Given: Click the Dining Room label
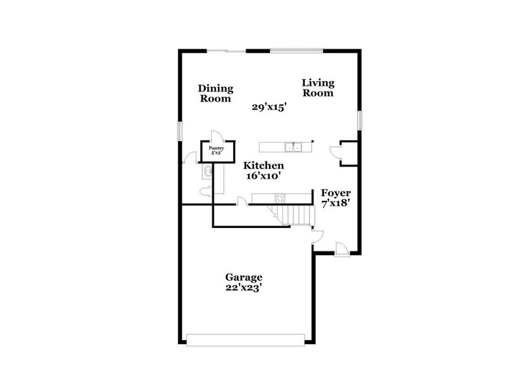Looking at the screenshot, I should point(216,94).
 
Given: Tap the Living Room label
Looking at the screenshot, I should point(317,87).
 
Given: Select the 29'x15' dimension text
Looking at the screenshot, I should point(269,108).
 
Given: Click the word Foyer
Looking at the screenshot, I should point(336,194).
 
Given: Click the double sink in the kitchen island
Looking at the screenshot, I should point(295,146).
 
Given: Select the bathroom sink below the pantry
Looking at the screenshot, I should point(207,172).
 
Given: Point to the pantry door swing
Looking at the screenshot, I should point(218,136).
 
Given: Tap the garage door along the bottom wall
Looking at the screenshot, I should point(245,338).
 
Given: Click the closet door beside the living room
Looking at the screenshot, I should point(335,152).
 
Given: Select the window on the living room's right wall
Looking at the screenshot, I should point(360,121).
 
